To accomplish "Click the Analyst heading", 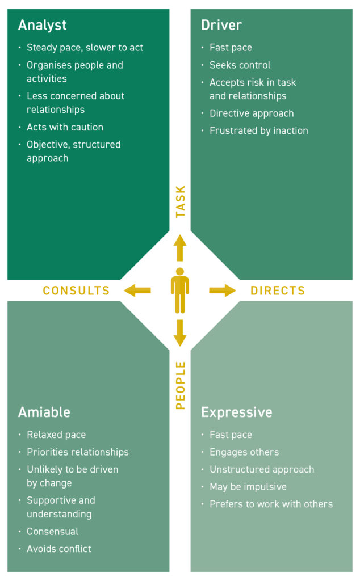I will (42, 26).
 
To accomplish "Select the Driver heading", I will (221, 26).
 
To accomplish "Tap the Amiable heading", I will (44, 412).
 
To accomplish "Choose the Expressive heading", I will (237, 412).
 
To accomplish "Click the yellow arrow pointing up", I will (180, 247).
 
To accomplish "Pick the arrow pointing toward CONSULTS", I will (137, 290).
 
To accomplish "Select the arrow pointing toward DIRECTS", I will (222, 290).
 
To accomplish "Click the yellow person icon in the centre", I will (180, 290).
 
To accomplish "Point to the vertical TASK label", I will (181, 201).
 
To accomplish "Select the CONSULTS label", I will (76, 291).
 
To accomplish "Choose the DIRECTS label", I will (278, 291).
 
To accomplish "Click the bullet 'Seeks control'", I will (240, 65).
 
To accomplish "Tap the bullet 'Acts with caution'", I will (65, 127).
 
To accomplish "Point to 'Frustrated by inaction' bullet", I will (258, 130).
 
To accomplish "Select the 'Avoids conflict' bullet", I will (58, 549).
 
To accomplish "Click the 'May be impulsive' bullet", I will (248, 487).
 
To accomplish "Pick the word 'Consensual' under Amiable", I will (52, 532).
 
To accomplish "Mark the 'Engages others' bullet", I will (244, 452).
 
